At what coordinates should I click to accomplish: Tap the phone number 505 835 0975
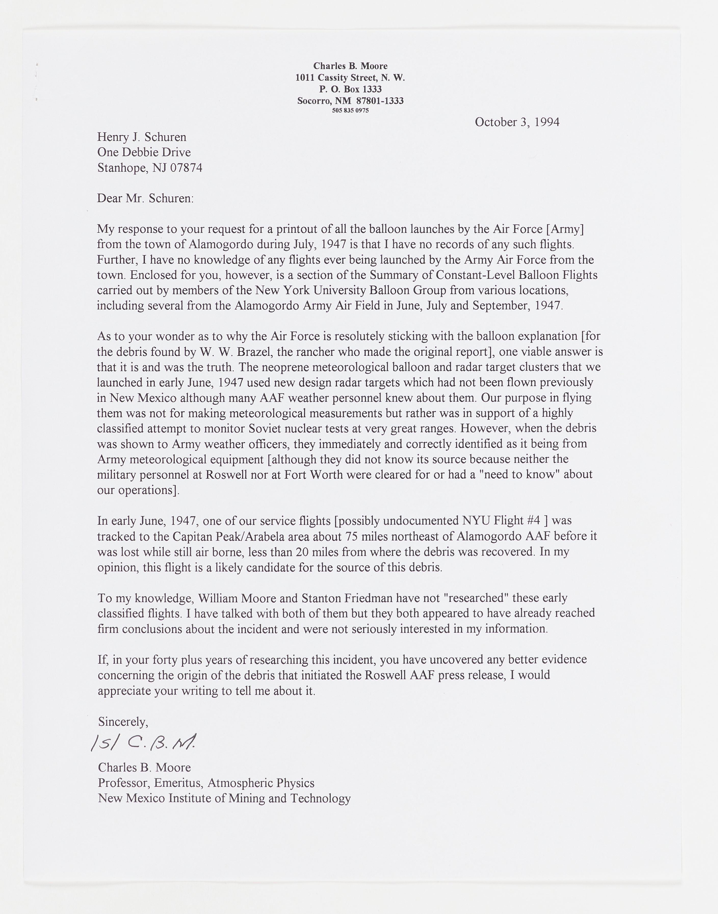[350, 111]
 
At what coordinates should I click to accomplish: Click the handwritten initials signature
[143, 743]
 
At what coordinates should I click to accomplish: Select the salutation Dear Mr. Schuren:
[146, 198]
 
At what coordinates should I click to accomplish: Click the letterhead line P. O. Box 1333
[350, 89]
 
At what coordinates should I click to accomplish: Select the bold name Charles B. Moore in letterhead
[350, 66]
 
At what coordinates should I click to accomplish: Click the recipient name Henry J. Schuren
[142, 137]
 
